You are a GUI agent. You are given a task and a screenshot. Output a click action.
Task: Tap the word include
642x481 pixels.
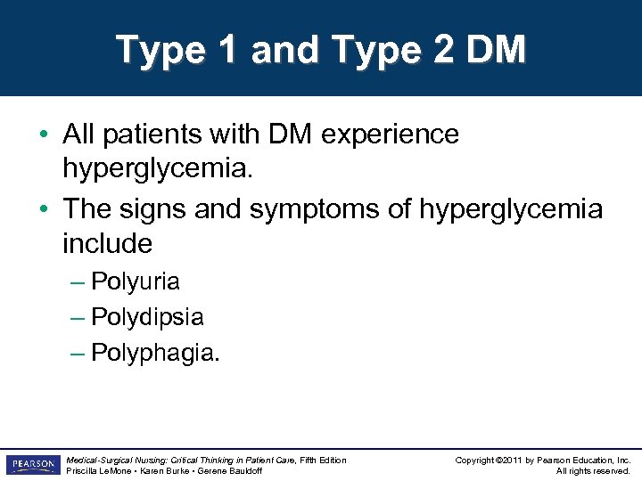coord(107,242)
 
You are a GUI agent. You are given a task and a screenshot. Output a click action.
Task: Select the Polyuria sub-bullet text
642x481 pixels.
coord(136,282)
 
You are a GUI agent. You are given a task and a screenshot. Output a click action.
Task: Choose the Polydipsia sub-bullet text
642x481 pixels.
coord(147,317)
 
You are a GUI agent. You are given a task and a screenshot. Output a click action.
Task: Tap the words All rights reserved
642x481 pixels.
coord(593,471)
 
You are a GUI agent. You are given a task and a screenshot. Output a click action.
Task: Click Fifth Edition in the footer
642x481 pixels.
coord(321,460)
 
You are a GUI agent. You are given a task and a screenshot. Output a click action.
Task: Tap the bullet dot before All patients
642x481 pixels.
coord(44,135)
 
